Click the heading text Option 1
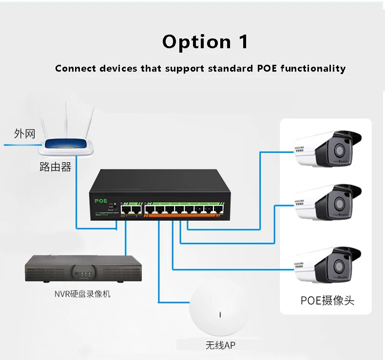tap(205, 42)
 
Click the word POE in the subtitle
tap(267, 68)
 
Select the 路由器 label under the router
tap(55, 167)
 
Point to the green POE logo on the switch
tap(101, 200)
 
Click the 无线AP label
tap(221, 346)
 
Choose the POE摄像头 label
tap(327, 300)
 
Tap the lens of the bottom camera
tap(338, 266)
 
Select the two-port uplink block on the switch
tap(131, 209)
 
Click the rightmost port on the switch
tap(219, 211)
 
